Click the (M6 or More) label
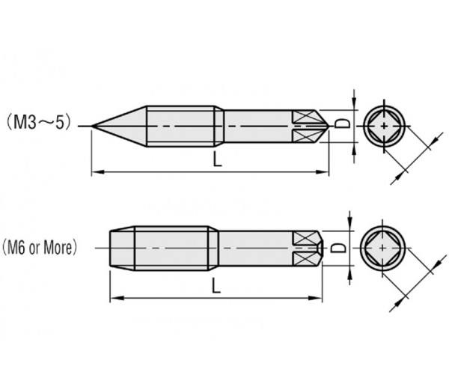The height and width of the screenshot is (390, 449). coord(40,246)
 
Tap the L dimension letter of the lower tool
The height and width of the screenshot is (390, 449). coord(216,284)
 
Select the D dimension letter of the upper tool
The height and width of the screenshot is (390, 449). coord(340,124)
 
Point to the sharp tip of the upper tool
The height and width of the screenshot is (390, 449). coord(91,125)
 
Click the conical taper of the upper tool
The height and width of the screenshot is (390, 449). coord(123,125)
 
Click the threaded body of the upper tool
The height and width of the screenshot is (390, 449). coord(183,125)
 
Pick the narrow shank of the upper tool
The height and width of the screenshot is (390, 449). coord(254,125)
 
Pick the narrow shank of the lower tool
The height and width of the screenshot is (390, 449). coord(254,246)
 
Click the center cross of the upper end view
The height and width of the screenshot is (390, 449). coord(385,125)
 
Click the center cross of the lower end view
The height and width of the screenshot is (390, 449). coord(384,248)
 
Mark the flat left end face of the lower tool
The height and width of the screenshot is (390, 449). coord(111,246)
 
